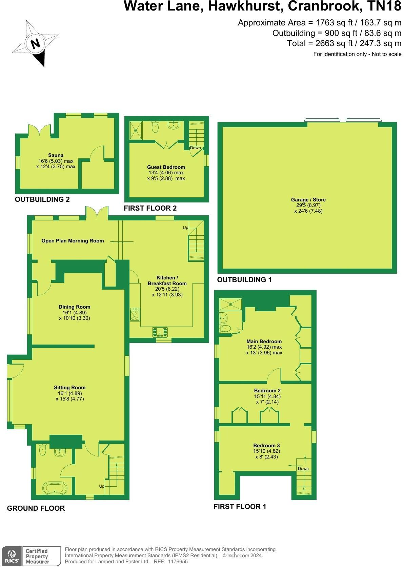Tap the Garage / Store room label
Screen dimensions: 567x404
coord(308,200)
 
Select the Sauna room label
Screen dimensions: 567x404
coord(56,155)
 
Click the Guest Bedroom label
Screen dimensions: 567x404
coord(166,167)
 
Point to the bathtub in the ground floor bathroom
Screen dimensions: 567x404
coord(55,488)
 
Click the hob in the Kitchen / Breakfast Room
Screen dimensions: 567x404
coord(135,314)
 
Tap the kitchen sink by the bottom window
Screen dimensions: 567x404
coord(160,332)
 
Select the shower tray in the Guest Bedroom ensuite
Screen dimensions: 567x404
coord(136,130)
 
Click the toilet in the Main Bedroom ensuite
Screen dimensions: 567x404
coord(225,328)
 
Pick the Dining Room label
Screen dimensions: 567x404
coord(74,307)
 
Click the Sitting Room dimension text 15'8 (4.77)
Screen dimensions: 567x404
coord(70,399)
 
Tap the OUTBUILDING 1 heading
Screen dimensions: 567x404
coord(244,280)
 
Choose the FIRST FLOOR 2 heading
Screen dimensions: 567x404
coord(150,208)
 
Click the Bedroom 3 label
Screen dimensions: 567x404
coord(266,445)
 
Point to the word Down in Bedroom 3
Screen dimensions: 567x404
coord(303,468)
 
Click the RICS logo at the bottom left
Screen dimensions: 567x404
coord(11,556)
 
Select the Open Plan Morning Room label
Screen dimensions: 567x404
coord(73,241)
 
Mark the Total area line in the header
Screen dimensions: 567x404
coord(344,43)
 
